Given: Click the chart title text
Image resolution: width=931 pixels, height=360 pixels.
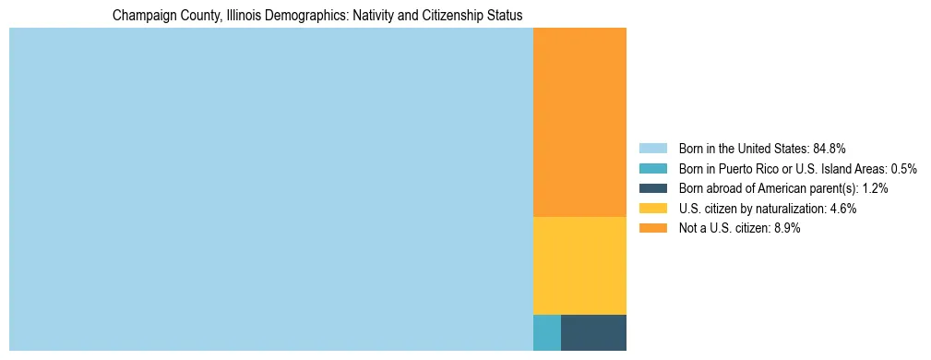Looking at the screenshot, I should (317, 16).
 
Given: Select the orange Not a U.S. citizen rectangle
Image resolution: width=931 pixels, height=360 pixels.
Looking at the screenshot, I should (579, 122).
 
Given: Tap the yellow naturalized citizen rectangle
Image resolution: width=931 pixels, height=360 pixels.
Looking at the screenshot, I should (579, 265).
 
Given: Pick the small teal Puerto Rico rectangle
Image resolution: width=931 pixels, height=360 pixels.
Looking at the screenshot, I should (546, 332).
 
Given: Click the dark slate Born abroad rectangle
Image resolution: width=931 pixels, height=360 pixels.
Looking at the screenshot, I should (593, 332).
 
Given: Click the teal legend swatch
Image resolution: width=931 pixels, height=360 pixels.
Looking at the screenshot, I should (652, 168).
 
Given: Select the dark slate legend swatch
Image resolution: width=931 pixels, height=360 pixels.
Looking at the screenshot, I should (652, 188).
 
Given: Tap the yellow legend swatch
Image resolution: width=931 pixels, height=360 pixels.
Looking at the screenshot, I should (652, 209).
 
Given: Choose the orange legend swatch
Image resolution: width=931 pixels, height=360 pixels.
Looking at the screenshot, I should (652, 228).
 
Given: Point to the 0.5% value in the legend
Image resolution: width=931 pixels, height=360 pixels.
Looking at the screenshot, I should (903, 168).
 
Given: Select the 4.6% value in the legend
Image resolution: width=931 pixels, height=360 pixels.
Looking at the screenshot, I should (841, 209).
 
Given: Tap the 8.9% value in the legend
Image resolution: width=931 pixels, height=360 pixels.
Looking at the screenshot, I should (784, 228).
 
